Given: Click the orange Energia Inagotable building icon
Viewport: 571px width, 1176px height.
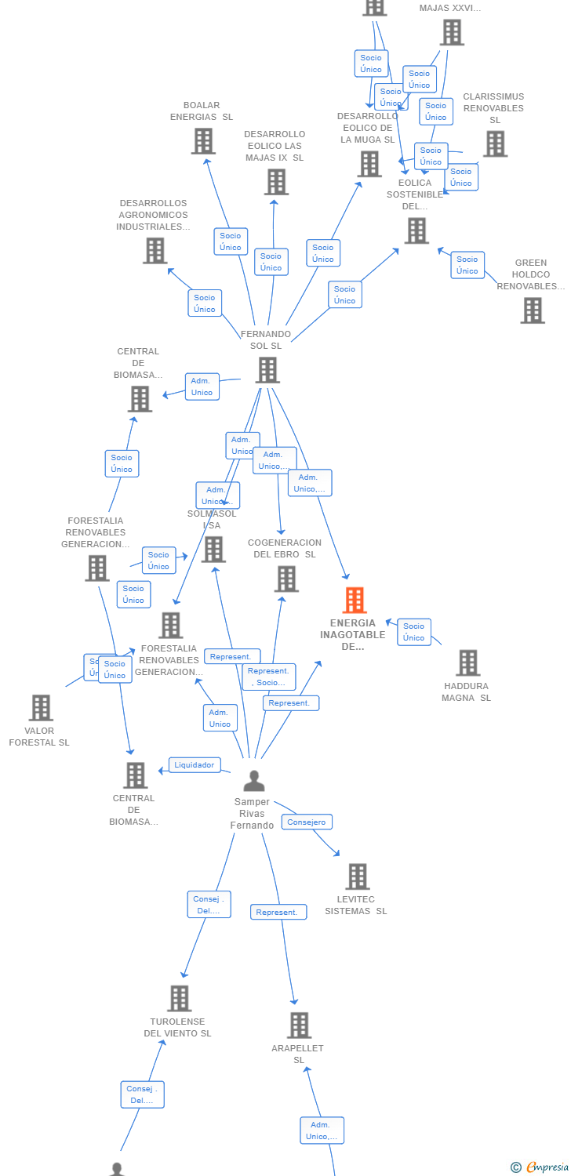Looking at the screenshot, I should coord(355,600).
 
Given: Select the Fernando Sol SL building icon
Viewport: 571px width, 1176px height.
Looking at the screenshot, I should coord(267,370).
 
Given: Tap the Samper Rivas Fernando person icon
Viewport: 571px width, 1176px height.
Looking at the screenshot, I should coord(253,781).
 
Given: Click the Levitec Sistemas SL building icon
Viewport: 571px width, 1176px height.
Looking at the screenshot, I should coord(357,877).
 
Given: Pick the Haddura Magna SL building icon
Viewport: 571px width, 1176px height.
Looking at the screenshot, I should coord(467,662).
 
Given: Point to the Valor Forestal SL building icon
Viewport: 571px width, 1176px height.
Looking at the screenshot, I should coord(41,708).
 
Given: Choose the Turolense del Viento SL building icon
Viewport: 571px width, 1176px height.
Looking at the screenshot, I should coord(180,999).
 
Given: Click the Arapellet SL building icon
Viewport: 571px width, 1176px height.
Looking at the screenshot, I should coord(299,1025).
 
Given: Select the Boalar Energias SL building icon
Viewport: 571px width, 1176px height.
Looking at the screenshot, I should coord(203,141).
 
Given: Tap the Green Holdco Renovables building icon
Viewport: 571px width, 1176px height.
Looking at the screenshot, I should coord(533,310).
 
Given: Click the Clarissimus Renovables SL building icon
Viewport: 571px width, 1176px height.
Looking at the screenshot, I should coord(495,144).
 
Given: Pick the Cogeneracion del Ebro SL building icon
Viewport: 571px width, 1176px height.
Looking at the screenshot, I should coord(286,579).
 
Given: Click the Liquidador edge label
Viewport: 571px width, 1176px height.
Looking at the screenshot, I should coord(195,765).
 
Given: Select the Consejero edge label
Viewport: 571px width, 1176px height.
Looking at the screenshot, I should coord(307,822).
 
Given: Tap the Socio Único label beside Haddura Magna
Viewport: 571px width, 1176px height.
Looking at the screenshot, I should coord(414,632).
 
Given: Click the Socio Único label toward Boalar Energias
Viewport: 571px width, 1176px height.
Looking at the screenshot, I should coord(231,241).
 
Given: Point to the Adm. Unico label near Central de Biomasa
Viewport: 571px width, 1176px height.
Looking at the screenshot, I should coord(202,387).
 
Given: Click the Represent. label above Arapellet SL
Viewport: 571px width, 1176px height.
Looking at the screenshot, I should coord(278,913).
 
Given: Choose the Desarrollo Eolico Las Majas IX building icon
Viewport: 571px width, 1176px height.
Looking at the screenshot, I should coord(276,182).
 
